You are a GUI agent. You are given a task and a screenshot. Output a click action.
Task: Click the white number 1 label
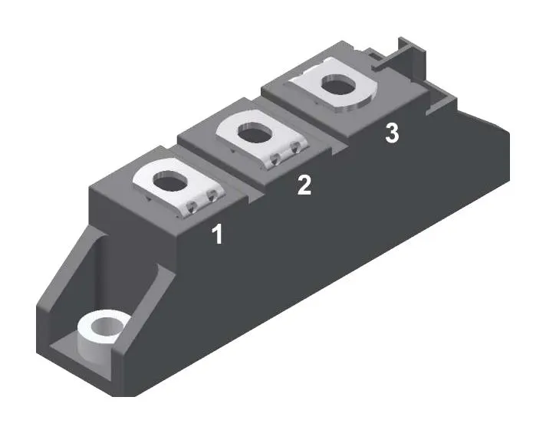point(217,234)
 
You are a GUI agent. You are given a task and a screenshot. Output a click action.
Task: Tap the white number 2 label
point(304,185)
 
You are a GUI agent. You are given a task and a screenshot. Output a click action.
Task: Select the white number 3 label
point(392,133)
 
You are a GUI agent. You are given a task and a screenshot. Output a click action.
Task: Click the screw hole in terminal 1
point(170,181)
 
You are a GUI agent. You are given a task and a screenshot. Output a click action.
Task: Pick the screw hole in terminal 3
point(339,84)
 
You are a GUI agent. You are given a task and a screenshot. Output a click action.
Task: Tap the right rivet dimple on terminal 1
point(212,197)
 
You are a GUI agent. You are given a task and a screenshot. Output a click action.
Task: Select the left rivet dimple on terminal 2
point(275,159)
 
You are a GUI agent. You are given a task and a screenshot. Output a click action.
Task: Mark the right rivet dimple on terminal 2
point(296,148)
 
